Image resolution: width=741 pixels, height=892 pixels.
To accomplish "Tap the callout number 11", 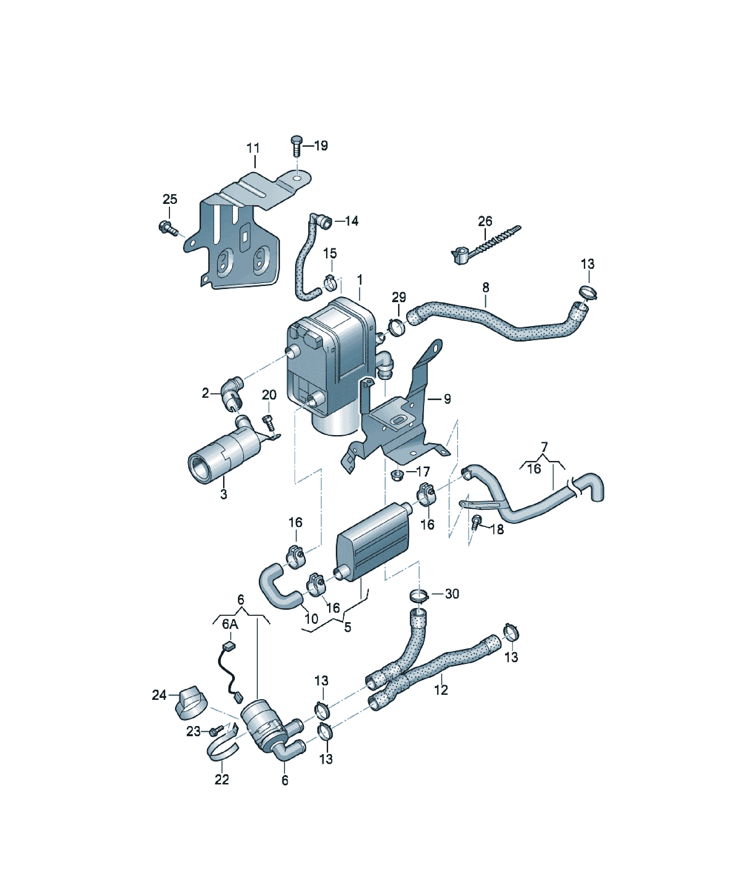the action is pyautogui.click(x=253, y=148).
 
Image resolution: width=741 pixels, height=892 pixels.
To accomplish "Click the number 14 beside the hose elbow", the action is pyautogui.click(x=351, y=221).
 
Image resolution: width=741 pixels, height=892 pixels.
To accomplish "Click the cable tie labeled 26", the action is pyautogui.click(x=485, y=246).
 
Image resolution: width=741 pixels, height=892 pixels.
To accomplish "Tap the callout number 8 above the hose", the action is pyautogui.click(x=486, y=288).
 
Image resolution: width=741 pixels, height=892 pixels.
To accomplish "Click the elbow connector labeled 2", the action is pyautogui.click(x=232, y=393).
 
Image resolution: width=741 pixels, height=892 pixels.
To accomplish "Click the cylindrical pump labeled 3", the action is pyautogui.click(x=225, y=451).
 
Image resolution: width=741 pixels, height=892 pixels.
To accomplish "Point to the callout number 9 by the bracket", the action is pyautogui.click(x=447, y=399).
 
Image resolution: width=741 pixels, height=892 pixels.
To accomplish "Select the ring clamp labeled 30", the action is pyautogui.click(x=419, y=596).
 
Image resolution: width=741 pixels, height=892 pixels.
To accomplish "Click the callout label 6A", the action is pyautogui.click(x=230, y=624).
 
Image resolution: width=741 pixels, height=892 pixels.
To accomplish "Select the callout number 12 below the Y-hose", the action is pyautogui.click(x=441, y=690).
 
